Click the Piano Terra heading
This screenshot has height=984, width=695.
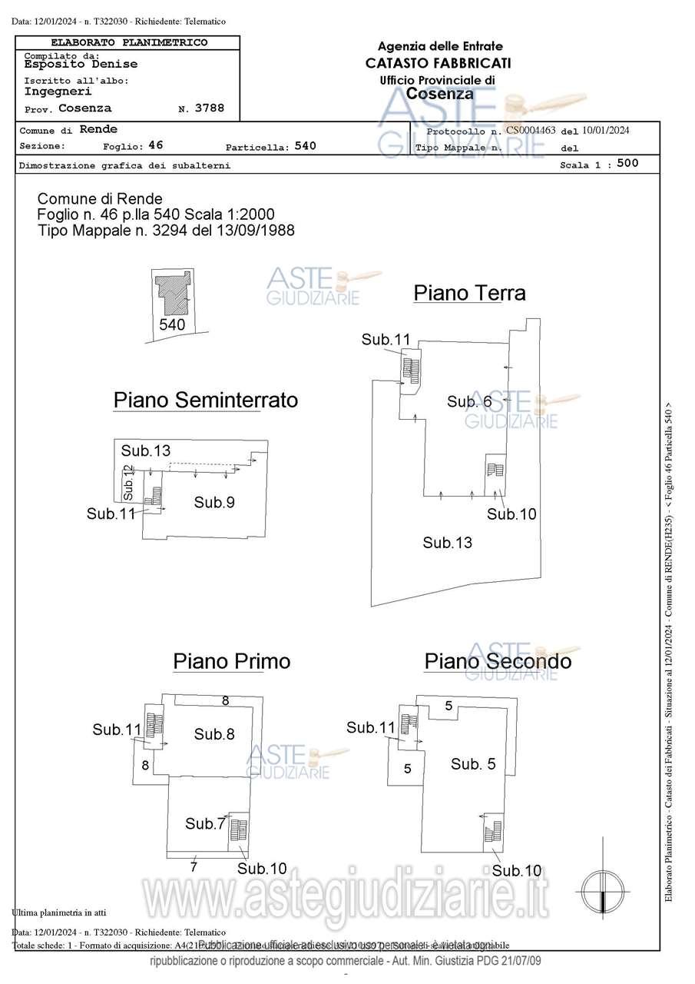click(469, 293)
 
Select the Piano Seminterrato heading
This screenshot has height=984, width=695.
click(206, 400)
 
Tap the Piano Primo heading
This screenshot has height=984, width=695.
click(231, 661)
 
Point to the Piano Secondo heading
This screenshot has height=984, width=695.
click(498, 661)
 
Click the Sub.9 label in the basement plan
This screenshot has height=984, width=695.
click(214, 502)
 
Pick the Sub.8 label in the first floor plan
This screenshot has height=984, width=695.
click(214, 734)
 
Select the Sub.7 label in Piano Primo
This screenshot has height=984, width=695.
click(205, 823)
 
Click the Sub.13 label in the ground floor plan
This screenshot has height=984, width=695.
click(447, 543)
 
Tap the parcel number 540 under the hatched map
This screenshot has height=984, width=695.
click(172, 324)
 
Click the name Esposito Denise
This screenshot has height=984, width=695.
click(81, 65)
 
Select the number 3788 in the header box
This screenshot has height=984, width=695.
click(210, 108)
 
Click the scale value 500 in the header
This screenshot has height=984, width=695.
click(627, 163)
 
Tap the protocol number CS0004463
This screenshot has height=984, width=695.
click(531, 130)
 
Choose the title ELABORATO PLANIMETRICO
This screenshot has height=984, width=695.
click(129, 42)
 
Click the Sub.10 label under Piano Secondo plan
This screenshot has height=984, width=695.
click(517, 870)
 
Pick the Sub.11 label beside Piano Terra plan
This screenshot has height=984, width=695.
click(386, 339)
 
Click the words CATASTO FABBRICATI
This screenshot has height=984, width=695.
click(439, 63)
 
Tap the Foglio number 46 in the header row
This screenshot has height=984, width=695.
click(156, 145)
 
